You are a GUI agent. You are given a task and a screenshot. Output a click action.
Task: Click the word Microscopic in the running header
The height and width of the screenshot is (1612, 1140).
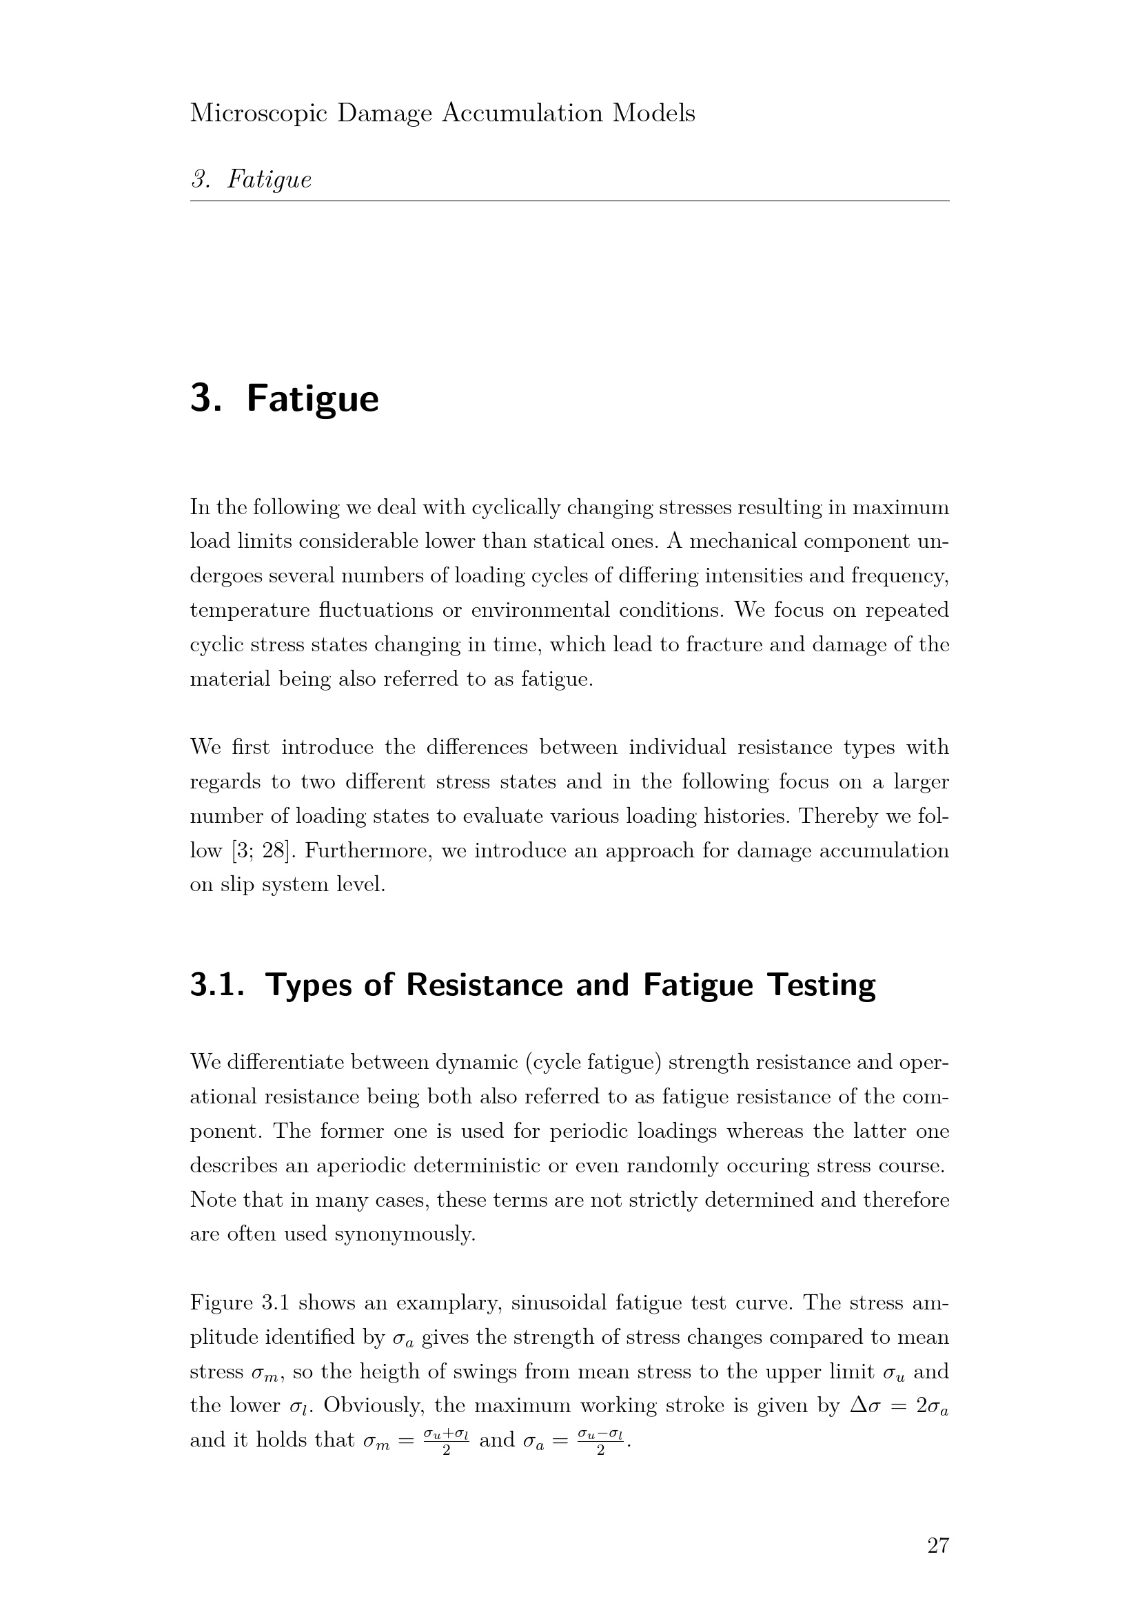click(258, 114)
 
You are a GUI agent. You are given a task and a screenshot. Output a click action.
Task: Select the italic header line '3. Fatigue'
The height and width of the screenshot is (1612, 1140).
click(251, 180)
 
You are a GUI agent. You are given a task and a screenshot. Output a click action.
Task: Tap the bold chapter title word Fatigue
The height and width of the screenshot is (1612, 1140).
click(312, 399)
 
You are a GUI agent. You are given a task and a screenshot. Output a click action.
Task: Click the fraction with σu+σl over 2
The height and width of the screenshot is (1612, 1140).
click(446, 1440)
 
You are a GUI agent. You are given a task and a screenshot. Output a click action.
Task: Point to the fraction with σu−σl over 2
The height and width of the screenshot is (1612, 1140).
click(600, 1440)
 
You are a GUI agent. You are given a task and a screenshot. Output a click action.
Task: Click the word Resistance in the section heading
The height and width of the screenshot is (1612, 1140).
click(485, 985)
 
